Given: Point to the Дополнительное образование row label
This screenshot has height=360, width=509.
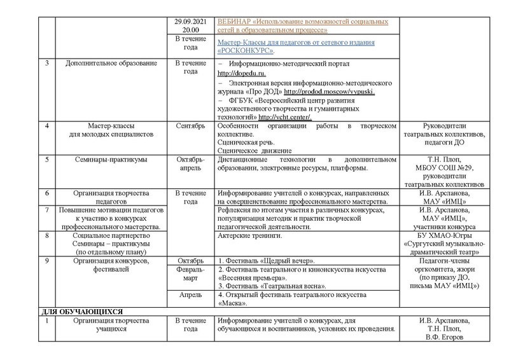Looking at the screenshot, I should [x=104, y=65].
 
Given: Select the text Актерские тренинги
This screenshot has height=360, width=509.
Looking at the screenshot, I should [x=249, y=237].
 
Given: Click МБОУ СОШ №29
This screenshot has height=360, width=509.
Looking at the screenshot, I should [x=450, y=167].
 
